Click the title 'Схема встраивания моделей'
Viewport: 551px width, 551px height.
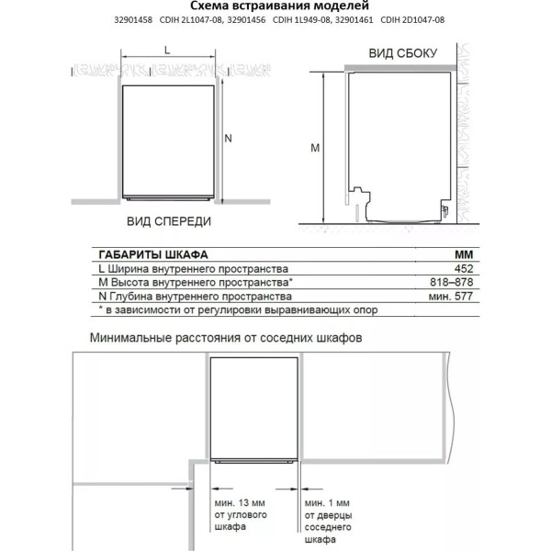(275, 7)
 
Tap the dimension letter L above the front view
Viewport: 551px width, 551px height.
(167, 51)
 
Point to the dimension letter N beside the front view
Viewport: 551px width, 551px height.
(230, 138)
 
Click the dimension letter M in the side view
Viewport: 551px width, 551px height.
(314, 147)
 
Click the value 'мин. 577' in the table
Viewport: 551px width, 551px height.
(456, 297)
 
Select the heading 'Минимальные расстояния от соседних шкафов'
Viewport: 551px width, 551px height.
(226, 337)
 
